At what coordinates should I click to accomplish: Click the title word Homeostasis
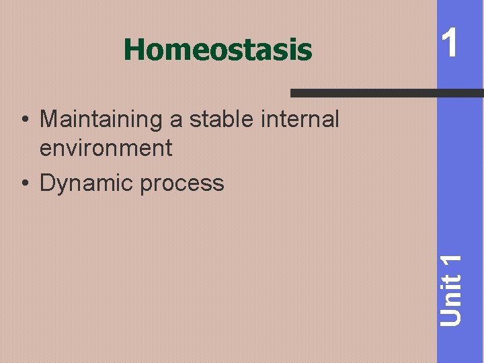point(218,50)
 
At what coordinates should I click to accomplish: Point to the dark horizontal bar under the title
point(386,92)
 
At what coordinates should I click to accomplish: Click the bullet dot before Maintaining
point(24,120)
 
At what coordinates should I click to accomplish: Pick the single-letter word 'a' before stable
point(176,120)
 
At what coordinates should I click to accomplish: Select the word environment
point(106,148)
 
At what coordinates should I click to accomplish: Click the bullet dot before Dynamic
point(24,183)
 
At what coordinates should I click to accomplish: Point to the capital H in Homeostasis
point(133,50)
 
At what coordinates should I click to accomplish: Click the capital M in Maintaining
point(49,120)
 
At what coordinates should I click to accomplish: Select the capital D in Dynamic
point(48,183)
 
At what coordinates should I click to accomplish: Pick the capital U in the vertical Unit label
point(452,317)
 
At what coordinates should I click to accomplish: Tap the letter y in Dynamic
point(63,185)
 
